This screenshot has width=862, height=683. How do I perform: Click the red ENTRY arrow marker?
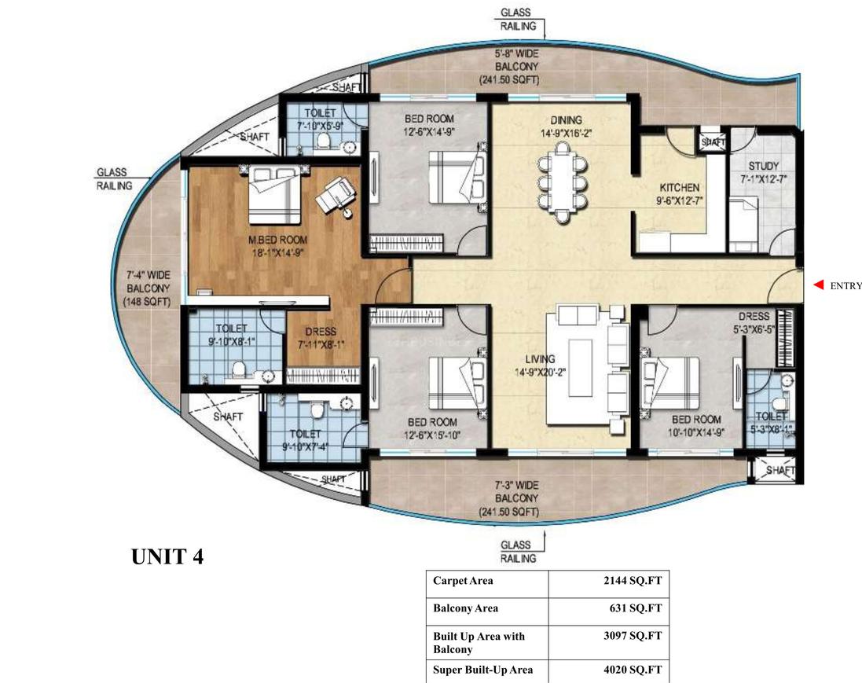click(817, 285)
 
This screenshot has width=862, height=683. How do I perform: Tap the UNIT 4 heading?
click(167, 557)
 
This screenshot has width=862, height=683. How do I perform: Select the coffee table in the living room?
click(582, 365)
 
